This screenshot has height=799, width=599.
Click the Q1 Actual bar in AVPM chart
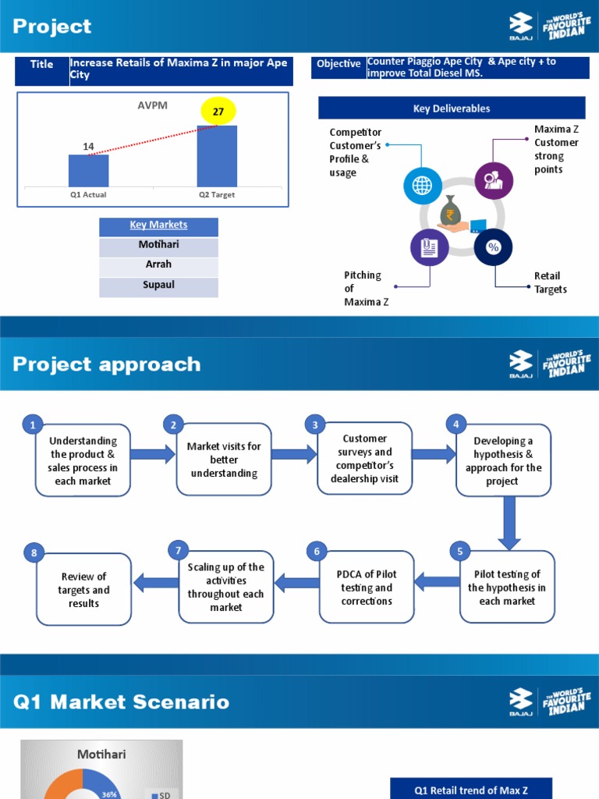tap(89, 171)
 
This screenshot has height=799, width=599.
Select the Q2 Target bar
tap(217, 156)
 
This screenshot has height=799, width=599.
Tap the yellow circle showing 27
tap(218, 111)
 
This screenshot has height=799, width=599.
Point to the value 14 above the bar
tap(89, 146)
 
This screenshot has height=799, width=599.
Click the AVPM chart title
tap(152, 105)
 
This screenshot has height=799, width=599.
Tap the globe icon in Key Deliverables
tap(422, 186)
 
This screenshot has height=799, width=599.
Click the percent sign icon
tap(493, 247)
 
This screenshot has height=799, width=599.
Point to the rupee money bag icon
tap(450, 210)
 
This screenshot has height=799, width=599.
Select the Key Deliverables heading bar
tap(452, 108)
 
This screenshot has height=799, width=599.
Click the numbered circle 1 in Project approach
tap(33, 424)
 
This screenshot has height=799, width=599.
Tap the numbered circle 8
tap(34, 553)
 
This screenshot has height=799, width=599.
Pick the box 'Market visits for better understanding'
tap(224, 459)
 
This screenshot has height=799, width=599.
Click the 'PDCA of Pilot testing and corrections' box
tap(367, 587)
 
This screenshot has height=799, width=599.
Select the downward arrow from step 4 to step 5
tap(509, 522)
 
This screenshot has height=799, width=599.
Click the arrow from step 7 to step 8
tap(156, 582)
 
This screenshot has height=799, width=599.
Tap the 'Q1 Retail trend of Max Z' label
tap(471, 790)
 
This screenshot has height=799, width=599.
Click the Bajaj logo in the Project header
tap(520, 26)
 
